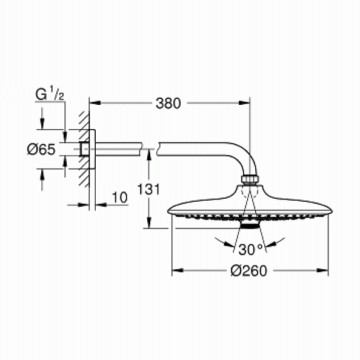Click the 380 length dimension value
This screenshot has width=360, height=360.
click(x=168, y=104)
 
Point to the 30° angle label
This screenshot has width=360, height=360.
click(x=250, y=249)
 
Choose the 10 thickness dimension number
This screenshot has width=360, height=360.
click(x=119, y=197)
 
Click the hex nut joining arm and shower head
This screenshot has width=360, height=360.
click(x=250, y=180)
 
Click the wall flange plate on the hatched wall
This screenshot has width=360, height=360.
click(x=93, y=148)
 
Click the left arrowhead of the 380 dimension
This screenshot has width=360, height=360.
click(x=94, y=104)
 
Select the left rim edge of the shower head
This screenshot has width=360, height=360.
click(x=170, y=213)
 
